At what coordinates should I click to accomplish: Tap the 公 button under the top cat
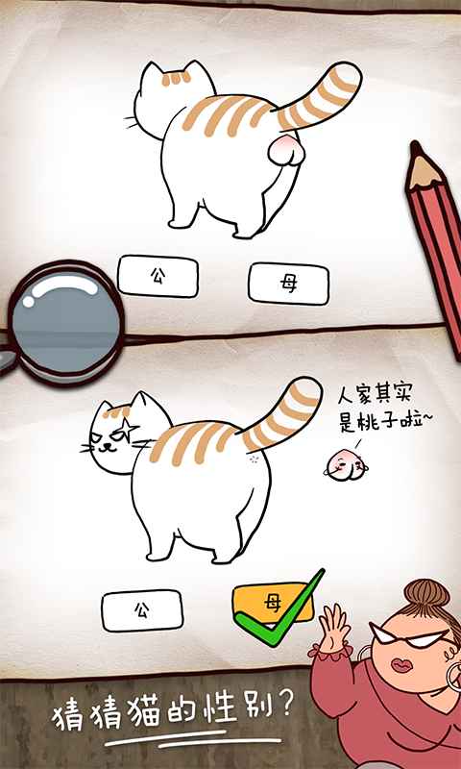(x=158, y=276)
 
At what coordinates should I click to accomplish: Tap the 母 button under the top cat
(x=288, y=283)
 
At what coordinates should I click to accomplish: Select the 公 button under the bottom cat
(x=142, y=610)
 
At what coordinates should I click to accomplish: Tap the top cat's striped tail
(x=322, y=96)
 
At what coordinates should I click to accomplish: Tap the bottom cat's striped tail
(x=283, y=413)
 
